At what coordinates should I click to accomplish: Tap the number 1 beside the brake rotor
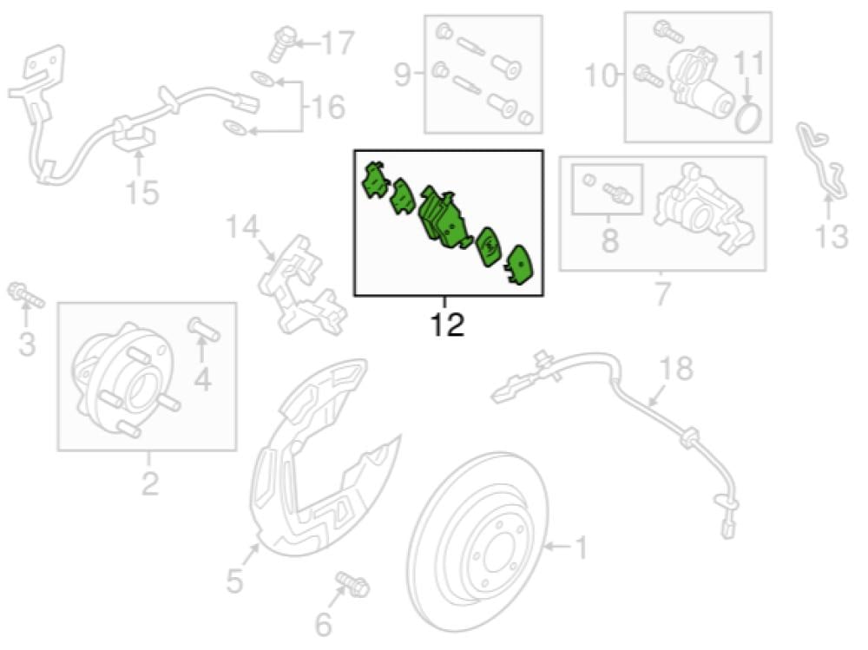tap(580, 548)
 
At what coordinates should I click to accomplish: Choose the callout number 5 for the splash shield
tap(235, 581)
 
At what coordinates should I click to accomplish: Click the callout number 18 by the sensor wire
tap(677, 370)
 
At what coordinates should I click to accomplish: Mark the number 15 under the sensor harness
tap(141, 193)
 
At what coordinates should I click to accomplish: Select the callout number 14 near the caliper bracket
tap(244, 229)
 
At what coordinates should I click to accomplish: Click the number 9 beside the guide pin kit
tap(403, 76)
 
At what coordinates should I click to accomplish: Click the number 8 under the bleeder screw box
tap(609, 240)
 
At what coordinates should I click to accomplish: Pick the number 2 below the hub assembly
tap(148, 483)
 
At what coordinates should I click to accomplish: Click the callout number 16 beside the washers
tap(328, 108)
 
